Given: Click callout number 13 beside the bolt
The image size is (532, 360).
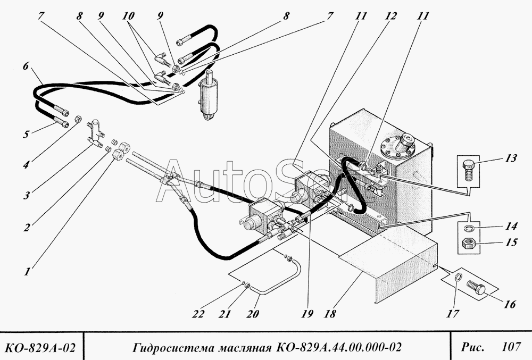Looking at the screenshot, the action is pyautogui.click(x=510, y=158).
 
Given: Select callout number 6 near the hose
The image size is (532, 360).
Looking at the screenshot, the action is pyautogui.click(x=26, y=66).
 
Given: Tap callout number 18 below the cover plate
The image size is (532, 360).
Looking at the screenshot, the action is pyautogui.click(x=330, y=314).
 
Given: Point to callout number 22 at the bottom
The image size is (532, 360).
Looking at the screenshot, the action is pyautogui.click(x=198, y=314).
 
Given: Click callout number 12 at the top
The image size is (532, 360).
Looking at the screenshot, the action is pyautogui.click(x=390, y=16).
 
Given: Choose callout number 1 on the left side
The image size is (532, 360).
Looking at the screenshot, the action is pyautogui.click(x=27, y=272).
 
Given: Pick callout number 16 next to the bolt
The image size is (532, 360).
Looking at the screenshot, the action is pyautogui.click(x=510, y=304).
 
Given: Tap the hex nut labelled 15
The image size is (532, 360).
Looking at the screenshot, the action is pyautogui.click(x=469, y=244).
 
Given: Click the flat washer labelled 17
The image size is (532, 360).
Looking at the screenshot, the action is pyautogui.click(x=458, y=278).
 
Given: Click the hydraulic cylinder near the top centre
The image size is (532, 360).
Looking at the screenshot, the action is pyautogui.click(x=209, y=95).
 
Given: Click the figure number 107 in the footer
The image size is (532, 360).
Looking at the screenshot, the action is pyautogui.click(x=511, y=347).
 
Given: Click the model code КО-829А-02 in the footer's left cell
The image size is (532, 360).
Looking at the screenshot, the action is pyautogui.click(x=40, y=347).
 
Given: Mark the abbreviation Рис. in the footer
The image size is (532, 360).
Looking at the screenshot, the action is pyautogui.click(x=472, y=347).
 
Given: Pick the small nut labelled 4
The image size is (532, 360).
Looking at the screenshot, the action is pyautogui.click(x=78, y=119).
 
